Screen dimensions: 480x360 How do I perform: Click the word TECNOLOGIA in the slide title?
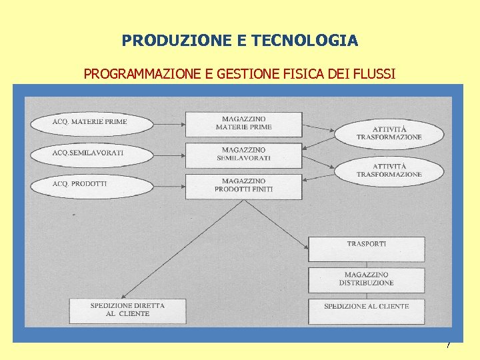(x=306, y=41)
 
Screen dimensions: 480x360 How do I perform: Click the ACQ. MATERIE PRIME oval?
(x=91, y=123)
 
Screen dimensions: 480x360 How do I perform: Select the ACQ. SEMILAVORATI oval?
(x=91, y=153)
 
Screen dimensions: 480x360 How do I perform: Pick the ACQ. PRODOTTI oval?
(x=91, y=183)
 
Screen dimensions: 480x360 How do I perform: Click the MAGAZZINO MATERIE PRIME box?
(x=243, y=124)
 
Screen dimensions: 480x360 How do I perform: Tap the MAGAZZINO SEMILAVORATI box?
(x=243, y=155)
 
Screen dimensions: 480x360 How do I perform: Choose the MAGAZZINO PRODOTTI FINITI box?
(x=243, y=185)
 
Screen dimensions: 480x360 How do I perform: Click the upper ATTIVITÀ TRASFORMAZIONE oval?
(x=389, y=133)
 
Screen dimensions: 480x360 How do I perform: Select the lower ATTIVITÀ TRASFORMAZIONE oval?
(x=389, y=170)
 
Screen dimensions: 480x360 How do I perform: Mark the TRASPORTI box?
(x=366, y=249)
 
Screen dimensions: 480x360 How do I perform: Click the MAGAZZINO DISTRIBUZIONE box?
(x=366, y=279)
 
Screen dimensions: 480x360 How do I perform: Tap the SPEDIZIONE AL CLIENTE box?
(x=366, y=311)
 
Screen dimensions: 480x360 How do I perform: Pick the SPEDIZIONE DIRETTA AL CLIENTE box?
(x=127, y=311)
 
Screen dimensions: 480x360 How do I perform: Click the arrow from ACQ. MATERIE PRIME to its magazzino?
(x=169, y=123)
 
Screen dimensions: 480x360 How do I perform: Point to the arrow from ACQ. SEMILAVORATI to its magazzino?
(x=169, y=154)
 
